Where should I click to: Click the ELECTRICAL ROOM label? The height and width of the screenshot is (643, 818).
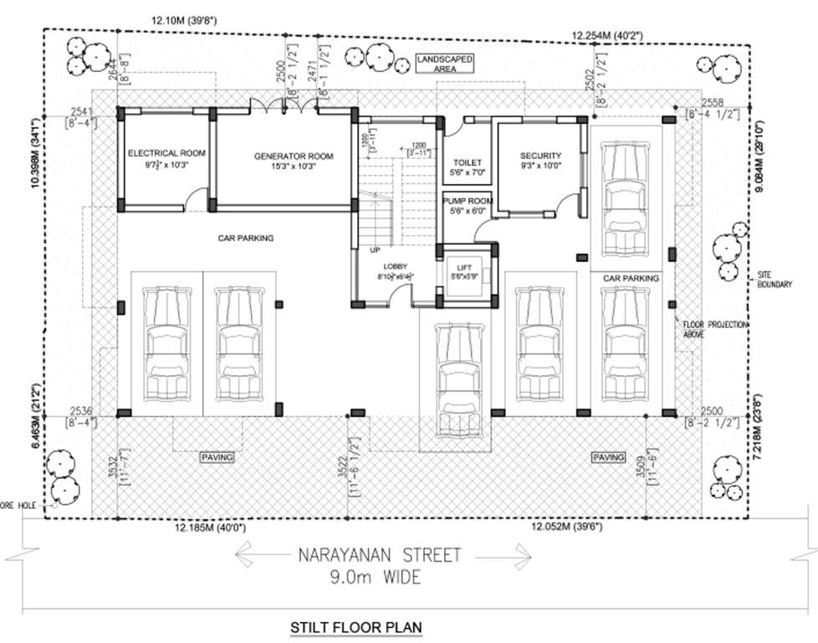click(x=166, y=153)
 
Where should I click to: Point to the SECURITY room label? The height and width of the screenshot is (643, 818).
click(x=540, y=156)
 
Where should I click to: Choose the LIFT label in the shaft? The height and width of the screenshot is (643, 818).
click(x=465, y=267)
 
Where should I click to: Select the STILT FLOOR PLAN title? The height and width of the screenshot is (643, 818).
click(x=355, y=626)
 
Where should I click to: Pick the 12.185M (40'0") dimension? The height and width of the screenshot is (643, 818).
click(x=210, y=528)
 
